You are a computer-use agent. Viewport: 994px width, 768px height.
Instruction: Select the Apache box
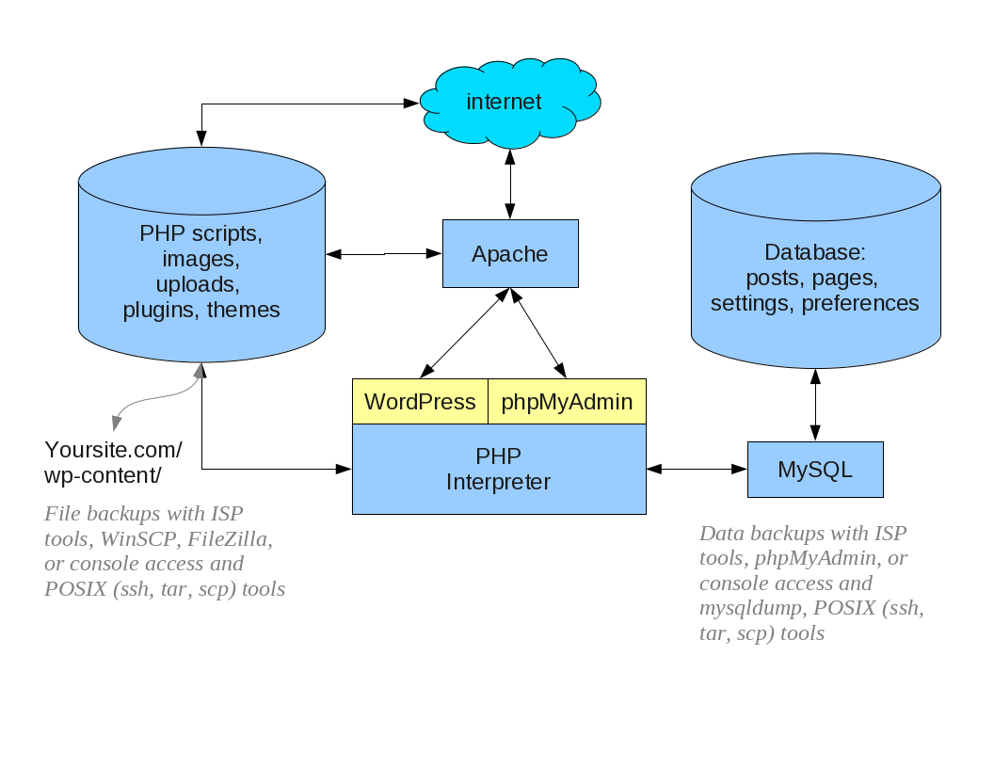tap(510, 254)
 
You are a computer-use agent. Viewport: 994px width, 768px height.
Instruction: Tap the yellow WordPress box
tap(420, 402)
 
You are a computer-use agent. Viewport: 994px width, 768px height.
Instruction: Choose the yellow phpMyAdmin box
tap(567, 402)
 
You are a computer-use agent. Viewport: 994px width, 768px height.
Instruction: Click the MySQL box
tap(815, 470)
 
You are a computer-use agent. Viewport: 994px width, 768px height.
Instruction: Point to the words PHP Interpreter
tap(498, 470)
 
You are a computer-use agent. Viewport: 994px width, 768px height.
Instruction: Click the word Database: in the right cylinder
tap(814, 252)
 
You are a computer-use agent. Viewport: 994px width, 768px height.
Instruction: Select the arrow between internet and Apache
tap(510, 184)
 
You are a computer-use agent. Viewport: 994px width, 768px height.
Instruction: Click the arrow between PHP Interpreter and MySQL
tap(697, 468)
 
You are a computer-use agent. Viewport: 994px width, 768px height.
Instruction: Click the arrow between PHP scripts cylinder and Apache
tap(384, 254)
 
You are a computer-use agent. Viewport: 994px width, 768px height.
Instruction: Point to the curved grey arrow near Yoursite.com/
tap(151, 402)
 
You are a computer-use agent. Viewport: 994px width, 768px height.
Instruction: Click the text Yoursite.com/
tap(113, 449)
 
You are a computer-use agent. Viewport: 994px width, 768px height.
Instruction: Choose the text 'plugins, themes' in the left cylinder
tap(201, 310)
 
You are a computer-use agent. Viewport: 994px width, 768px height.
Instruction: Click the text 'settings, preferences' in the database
tap(814, 303)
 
